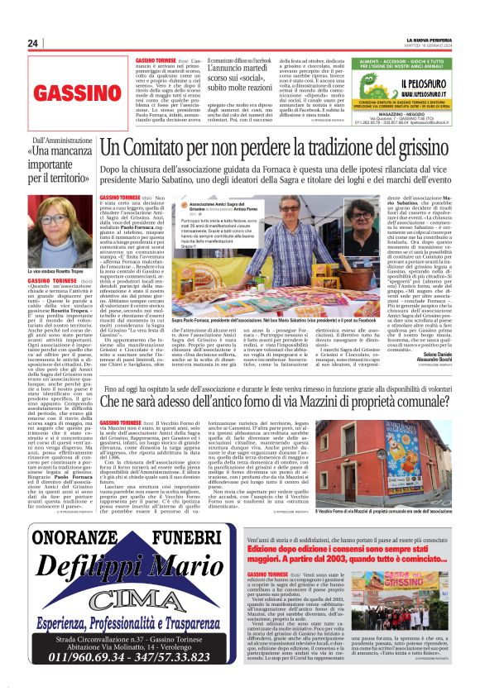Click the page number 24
(x=33, y=43)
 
